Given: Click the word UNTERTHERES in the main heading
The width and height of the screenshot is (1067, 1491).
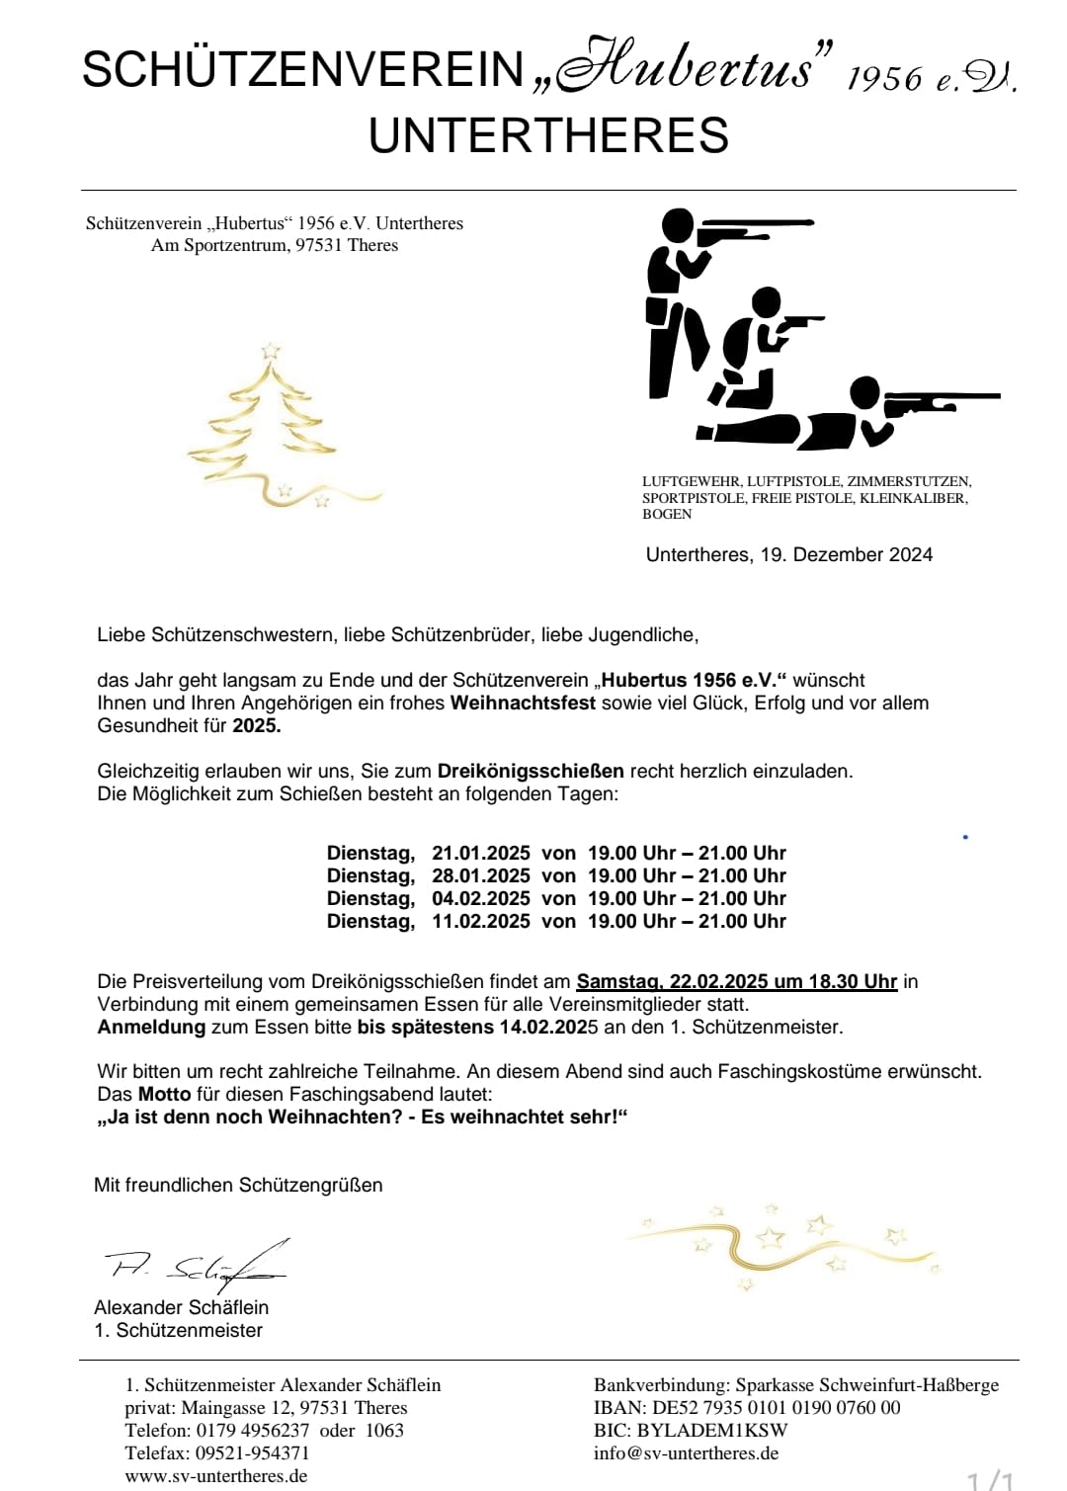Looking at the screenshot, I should (x=548, y=135).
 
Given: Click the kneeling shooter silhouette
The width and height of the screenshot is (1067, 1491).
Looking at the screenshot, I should (x=751, y=346).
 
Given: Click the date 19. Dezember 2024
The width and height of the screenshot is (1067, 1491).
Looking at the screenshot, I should (x=846, y=554).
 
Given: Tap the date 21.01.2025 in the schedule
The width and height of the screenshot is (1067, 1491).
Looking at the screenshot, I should (x=480, y=853).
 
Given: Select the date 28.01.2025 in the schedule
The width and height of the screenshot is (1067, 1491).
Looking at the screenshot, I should (x=480, y=875).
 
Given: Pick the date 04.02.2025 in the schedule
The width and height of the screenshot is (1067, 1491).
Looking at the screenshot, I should (x=480, y=898).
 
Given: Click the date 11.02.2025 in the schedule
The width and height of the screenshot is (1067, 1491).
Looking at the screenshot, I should (x=480, y=921).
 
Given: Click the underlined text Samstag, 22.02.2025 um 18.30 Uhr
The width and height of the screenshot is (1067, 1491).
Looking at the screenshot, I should (x=736, y=981).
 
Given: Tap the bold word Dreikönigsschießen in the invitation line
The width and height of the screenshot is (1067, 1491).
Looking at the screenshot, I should (x=531, y=771).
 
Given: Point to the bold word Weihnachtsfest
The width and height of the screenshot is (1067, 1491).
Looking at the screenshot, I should (x=523, y=703).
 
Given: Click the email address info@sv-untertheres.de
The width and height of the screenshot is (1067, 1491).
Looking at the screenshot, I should (x=686, y=1452).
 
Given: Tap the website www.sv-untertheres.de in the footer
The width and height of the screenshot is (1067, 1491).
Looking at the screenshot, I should (x=215, y=1475).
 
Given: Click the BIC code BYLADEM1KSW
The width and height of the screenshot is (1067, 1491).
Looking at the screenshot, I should (x=712, y=1430).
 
